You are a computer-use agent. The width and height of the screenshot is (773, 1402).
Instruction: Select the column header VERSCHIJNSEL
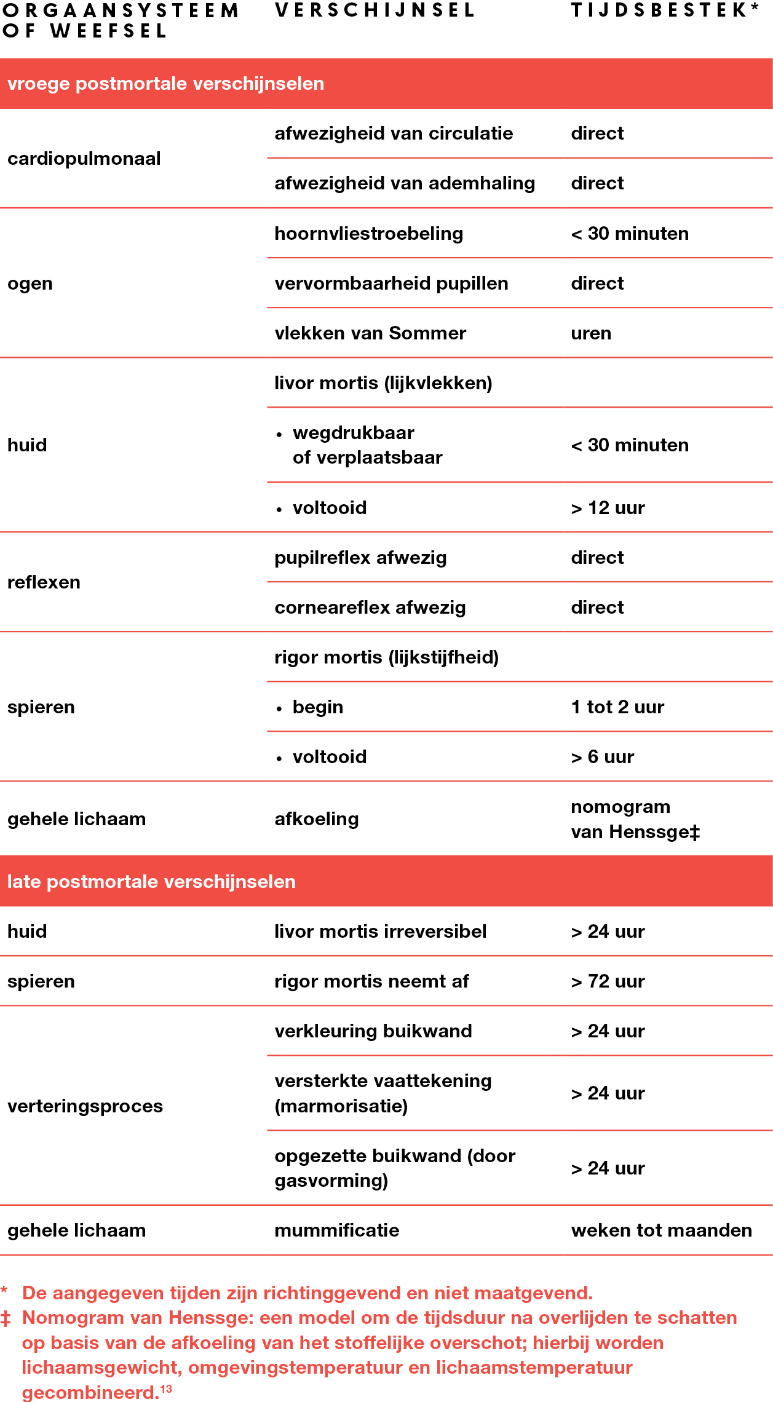tap(375, 10)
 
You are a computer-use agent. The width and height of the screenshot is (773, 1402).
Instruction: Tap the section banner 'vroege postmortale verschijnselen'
tap(165, 84)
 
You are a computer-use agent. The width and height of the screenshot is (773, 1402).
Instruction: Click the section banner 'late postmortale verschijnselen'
tap(151, 881)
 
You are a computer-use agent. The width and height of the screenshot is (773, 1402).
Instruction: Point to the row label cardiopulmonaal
tap(84, 159)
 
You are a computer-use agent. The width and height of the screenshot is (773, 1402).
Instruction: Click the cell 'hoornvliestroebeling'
tap(368, 234)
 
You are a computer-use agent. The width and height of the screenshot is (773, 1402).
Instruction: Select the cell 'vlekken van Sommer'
tap(370, 333)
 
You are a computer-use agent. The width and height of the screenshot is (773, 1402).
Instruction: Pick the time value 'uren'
tap(591, 333)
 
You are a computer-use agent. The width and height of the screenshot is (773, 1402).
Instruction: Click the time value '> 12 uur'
tap(608, 508)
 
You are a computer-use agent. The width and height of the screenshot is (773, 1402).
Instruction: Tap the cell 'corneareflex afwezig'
tap(370, 608)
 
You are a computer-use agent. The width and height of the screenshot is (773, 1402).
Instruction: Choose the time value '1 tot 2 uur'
tap(617, 707)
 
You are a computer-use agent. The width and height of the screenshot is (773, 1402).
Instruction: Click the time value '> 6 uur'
tap(602, 757)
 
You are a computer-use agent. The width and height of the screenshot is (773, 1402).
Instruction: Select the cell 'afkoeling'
tap(316, 819)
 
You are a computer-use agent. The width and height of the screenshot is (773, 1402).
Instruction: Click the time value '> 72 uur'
tap(608, 981)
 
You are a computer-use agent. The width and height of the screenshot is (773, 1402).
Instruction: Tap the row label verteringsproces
tap(85, 1106)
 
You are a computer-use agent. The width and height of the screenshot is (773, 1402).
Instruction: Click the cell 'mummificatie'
tap(336, 1230)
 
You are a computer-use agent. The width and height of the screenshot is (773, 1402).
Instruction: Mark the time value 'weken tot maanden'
tap(661, 1230)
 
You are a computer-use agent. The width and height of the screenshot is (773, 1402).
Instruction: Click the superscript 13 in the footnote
tap(166, 1388)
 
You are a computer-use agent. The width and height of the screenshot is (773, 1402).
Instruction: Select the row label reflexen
tap(44, 582)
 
